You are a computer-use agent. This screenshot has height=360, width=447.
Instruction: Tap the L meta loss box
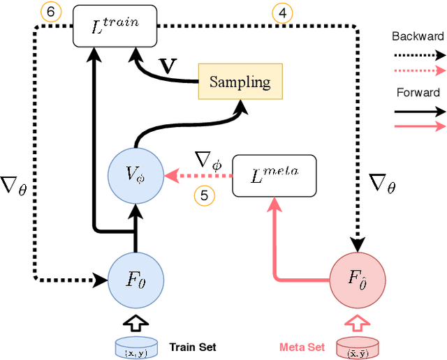pos(274,174)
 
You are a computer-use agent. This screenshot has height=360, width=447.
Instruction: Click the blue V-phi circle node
pos(135,174)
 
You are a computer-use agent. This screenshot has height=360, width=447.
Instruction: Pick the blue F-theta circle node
pos(135,278)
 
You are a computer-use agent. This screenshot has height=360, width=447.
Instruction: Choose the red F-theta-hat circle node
pos(356,278)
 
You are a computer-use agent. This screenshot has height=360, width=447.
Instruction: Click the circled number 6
pos(51,13)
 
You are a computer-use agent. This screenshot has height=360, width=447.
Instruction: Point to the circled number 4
pos(281,13)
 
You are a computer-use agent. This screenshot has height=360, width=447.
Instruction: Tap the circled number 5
pos(204,195)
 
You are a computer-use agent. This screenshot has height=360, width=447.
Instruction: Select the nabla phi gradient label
pos(209,162)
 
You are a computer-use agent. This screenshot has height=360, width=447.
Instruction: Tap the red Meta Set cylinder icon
pos(356,347)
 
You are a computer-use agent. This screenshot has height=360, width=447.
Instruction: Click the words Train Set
pos(192,347)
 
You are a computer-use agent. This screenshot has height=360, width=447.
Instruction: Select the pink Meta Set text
pos(302,347)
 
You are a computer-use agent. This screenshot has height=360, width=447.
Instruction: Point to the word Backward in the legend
pos(417,36)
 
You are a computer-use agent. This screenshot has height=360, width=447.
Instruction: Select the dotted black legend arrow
pos(418,54)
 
